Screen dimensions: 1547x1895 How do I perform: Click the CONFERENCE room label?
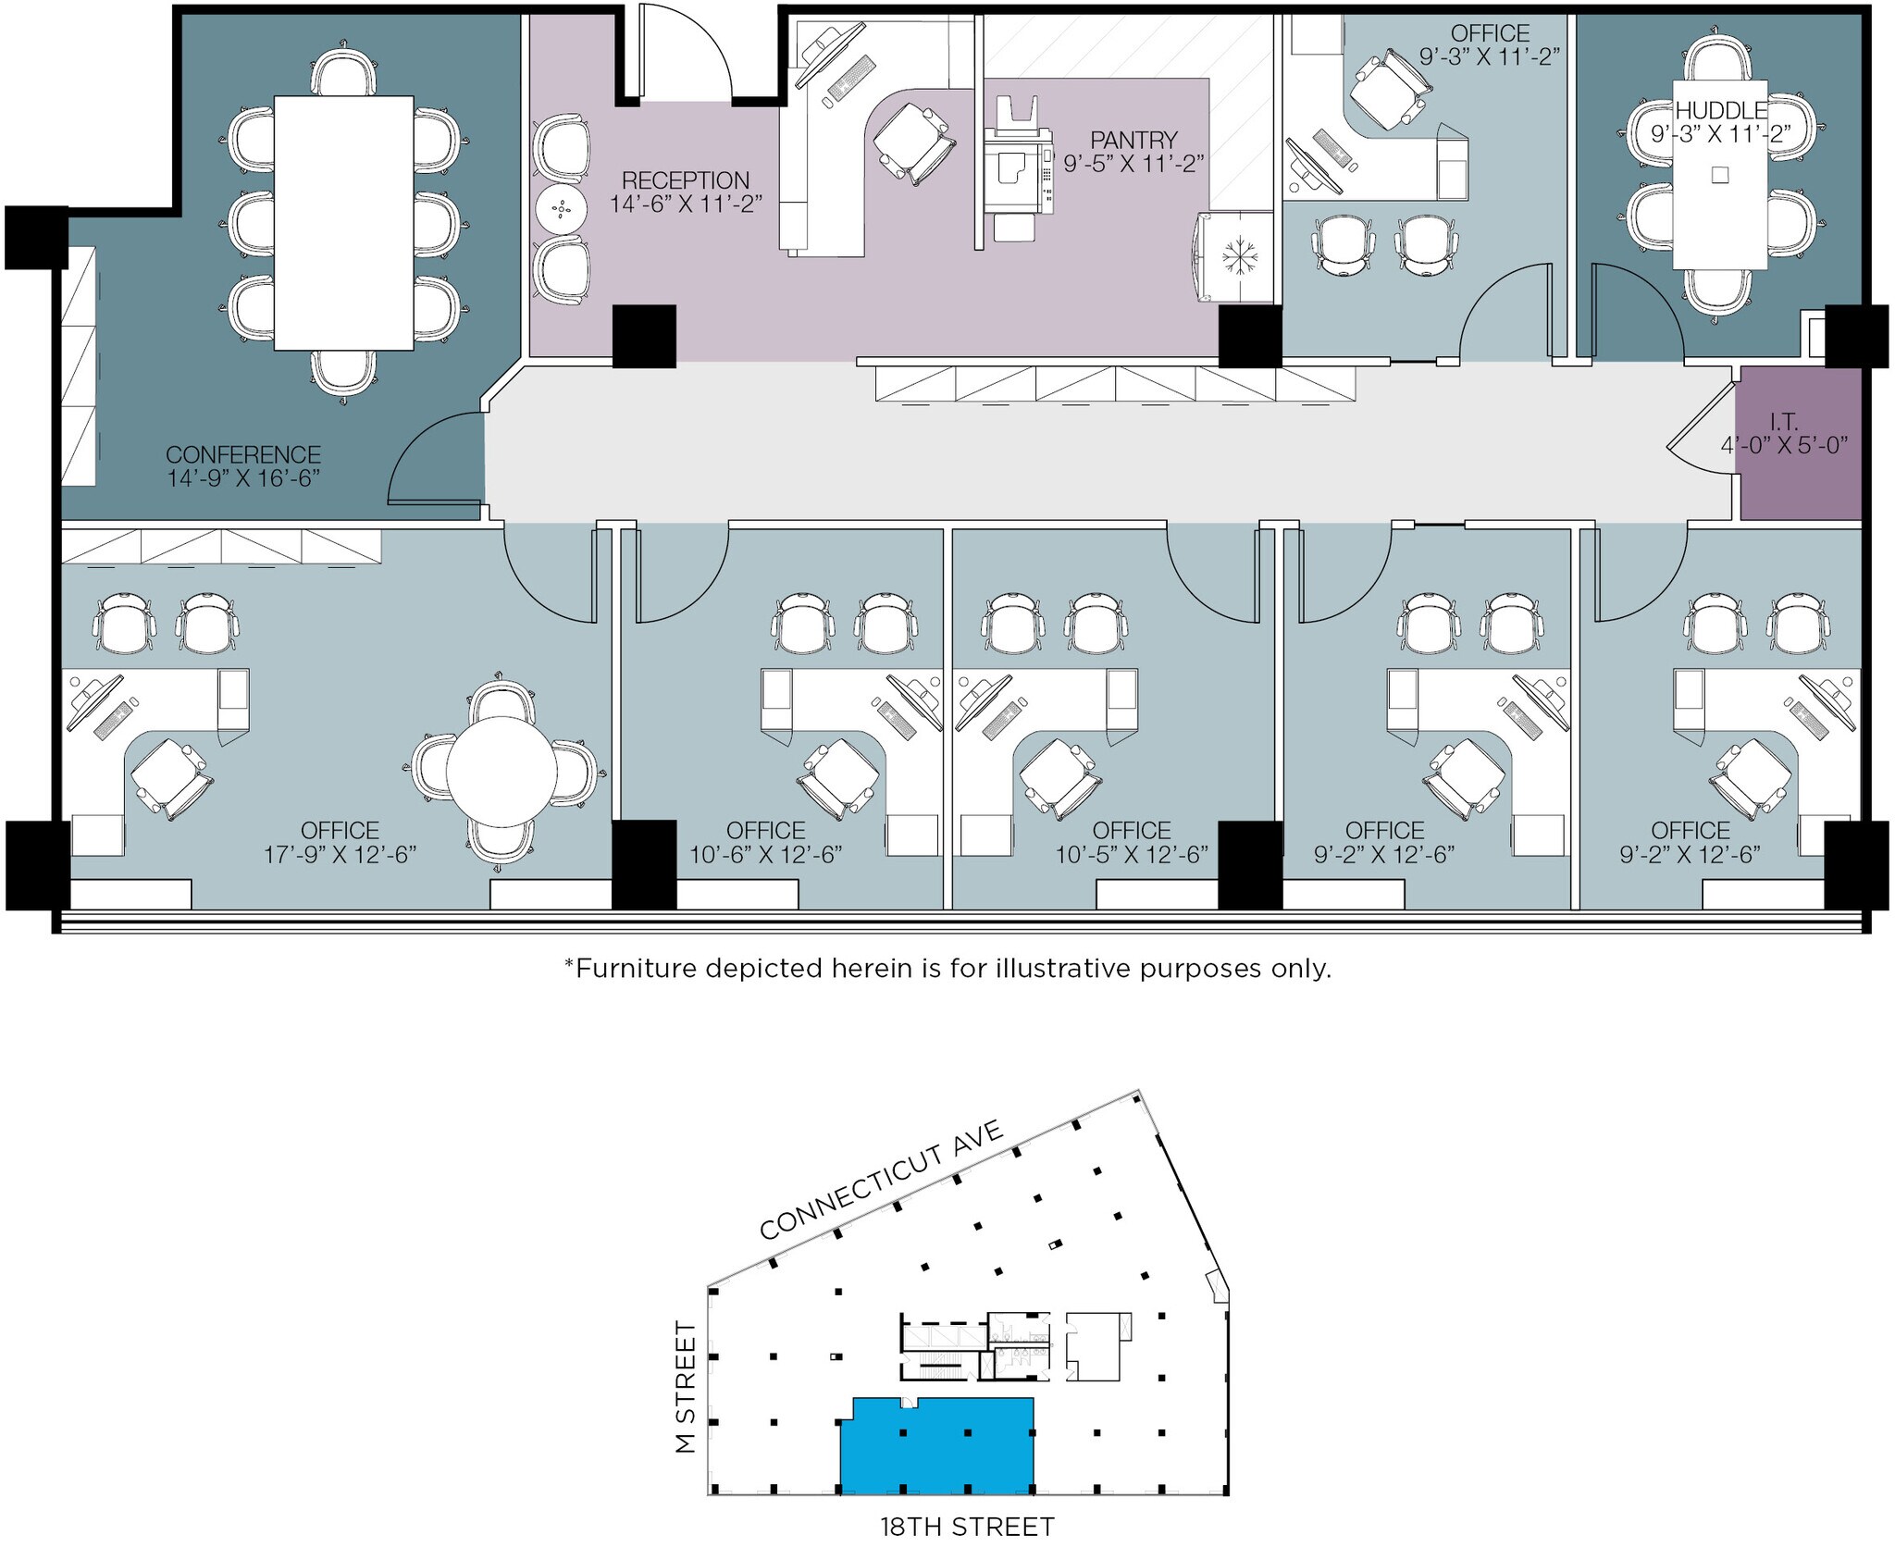pos(243,455)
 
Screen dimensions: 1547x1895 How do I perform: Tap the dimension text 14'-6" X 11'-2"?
pos(686,204)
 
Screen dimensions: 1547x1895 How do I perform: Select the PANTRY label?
pos(1133,141)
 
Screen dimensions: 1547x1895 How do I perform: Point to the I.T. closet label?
pos(1783,423)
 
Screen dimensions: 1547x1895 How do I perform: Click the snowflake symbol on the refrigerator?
pos(1234,256)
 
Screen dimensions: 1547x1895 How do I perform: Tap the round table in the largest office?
pos(502,772)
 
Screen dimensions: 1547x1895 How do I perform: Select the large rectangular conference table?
pos(343,222)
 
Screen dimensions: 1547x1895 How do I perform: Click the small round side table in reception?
pos(561,211)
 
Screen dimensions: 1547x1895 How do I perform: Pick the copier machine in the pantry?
pos(1018,171)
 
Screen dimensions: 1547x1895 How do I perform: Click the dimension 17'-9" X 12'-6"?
pos(341,855)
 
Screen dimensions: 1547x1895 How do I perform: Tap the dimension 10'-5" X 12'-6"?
pos(1132,855)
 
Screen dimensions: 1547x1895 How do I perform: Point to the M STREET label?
pos(686,1387)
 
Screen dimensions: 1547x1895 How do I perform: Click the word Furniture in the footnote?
pos(635,969)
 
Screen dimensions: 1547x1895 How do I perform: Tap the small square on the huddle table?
pos(1719,174)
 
